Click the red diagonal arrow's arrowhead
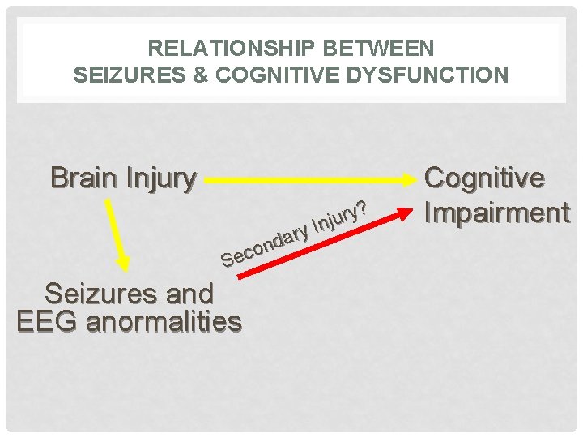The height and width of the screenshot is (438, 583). pos(402,211)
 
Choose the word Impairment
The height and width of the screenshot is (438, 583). pos(496,213)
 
